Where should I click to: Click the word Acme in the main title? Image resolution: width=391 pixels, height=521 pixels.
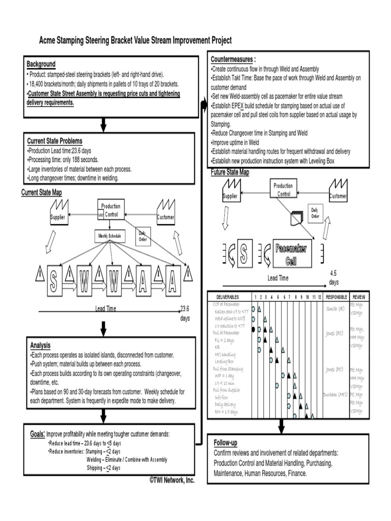pos(49,40)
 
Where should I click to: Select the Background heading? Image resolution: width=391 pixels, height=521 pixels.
pos(41,64)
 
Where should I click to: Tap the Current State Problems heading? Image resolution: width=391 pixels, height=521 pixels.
pos(54,140)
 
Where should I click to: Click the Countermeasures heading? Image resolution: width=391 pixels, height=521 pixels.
pos(233,59)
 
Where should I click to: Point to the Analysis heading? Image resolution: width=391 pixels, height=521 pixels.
pos(40,344)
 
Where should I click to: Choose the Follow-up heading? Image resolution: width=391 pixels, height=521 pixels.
pos(226,443)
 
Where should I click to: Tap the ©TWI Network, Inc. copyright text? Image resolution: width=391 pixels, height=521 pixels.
pos(172,480)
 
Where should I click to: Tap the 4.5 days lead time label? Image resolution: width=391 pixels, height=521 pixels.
pos(333,277)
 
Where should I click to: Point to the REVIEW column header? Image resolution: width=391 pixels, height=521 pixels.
pos(359,297)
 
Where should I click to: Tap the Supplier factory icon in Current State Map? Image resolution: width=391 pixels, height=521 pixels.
pos(59,213)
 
